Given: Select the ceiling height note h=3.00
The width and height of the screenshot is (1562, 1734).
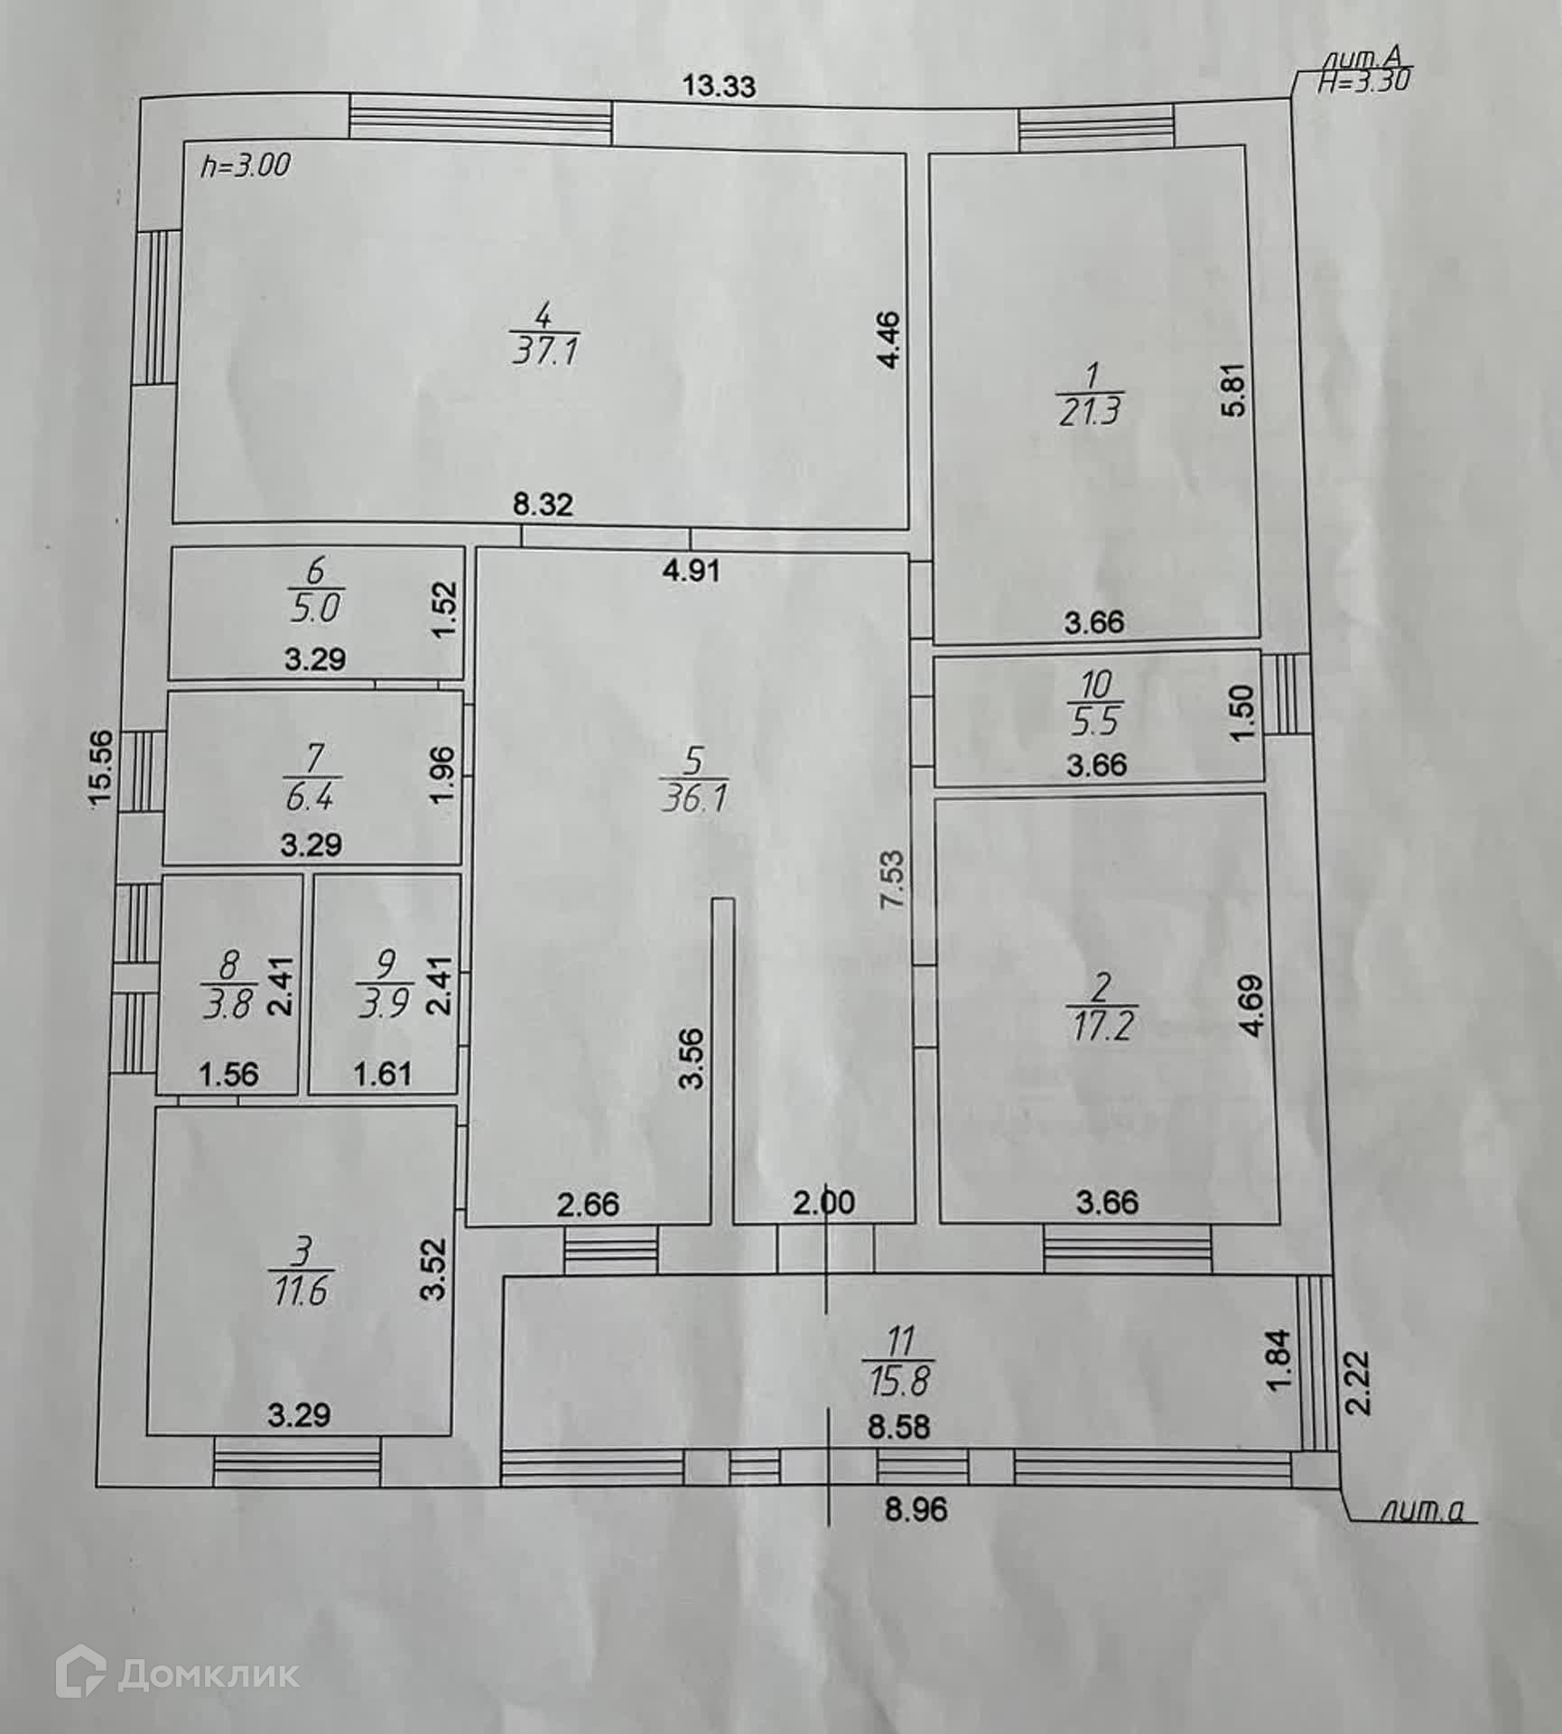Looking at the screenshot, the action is pos(245,165).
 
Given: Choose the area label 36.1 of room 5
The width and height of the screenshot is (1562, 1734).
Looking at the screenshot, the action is pos(693,797).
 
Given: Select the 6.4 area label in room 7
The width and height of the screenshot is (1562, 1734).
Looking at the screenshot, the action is pos(312,797).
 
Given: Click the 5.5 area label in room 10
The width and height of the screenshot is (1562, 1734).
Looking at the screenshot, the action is pos(1093,721).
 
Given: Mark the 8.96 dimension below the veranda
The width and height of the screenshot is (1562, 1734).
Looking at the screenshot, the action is pos(916,1509).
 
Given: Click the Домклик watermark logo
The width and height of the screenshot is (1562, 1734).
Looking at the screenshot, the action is pos(177,1674).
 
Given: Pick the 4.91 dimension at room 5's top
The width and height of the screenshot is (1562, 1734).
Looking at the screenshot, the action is pos(691,570).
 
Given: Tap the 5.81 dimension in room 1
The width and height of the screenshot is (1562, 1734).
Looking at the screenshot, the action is pos(1235,388).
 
